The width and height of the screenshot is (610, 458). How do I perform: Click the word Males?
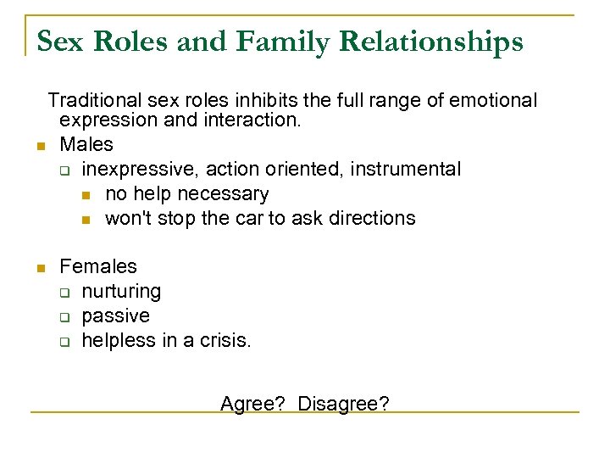tap(86, 145)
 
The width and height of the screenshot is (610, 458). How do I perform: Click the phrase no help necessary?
tap(186, 193)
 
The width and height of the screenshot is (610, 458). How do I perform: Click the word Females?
tap(98, 266)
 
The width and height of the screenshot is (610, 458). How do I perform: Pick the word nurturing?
tap(121, 291)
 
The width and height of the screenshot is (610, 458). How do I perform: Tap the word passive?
tap(115, 316)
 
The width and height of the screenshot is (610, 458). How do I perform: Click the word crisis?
tap(225, 340)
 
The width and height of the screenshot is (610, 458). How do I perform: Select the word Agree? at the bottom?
tap(252, 404)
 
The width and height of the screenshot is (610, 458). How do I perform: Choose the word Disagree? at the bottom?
tap(344, 404)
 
